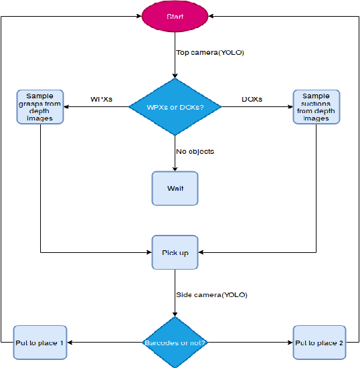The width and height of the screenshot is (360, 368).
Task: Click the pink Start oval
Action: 175,15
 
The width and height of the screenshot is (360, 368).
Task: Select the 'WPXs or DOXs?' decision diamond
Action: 175,107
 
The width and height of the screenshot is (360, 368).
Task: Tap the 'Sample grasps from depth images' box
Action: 40,107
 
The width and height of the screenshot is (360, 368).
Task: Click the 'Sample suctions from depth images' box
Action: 316,107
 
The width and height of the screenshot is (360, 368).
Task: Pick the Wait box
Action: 175,188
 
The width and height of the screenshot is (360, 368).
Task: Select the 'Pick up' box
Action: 175,253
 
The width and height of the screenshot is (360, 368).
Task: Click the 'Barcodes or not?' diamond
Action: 175,343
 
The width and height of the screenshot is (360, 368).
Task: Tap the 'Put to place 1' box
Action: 40,343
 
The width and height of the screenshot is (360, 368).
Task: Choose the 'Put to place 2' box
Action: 319,343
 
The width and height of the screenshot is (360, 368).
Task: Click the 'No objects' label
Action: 195,151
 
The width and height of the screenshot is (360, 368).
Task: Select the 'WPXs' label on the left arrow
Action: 101,100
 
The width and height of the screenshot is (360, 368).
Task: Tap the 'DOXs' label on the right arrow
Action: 252,100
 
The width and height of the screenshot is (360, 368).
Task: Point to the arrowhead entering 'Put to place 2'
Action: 290,343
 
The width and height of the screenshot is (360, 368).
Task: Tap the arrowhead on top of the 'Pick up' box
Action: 175,232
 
